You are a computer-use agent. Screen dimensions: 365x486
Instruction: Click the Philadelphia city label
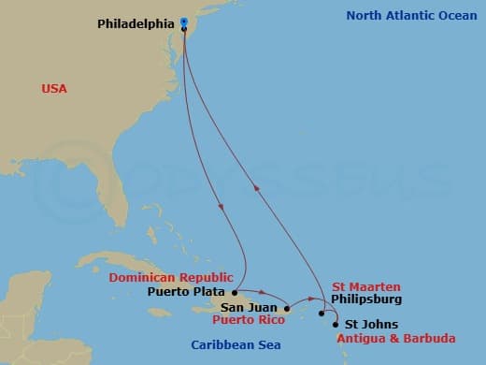pos(136,23)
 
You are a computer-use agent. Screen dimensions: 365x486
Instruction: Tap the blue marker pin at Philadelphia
pos(184,22)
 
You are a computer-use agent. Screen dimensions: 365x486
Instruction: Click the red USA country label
pos(54,89)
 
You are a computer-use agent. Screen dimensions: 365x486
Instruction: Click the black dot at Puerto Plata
pos(235,291)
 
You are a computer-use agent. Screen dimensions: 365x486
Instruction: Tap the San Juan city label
pos(250,308)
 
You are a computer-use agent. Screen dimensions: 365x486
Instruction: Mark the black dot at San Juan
pos(286,308)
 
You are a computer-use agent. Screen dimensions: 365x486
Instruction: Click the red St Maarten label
pos(367,286)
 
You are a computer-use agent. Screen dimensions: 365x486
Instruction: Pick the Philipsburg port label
pos(367,299)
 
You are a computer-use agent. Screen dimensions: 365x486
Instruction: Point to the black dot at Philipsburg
pos(321,313)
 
